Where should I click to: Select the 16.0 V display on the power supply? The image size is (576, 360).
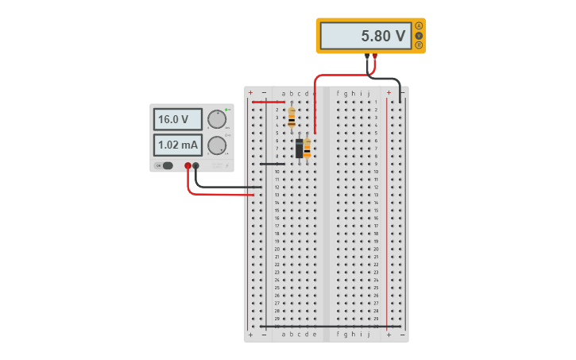[x=177, y=119]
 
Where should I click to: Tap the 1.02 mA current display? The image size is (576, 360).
[x=177, y=145]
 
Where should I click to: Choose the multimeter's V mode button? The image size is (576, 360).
[x=419, y=36]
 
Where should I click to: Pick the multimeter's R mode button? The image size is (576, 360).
[x=419, y=45]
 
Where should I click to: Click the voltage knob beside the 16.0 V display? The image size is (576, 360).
[x=216, y=119]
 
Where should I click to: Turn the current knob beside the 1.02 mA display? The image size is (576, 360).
[x=216, y=145]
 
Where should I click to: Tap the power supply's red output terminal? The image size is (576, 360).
[x=188, y=166]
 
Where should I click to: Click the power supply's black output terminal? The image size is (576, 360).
[x=196, y=166]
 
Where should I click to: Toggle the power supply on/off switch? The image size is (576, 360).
[x=165, y=165]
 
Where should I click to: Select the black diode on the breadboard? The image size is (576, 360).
[x=299, y=149]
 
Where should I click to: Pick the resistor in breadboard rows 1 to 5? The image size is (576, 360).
[x=292, y=118]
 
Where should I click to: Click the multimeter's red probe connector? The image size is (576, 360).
[x=374, y=56]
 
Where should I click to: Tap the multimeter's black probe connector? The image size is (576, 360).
[x=367, y=56]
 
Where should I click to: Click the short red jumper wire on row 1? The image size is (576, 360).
[x=268, y=103]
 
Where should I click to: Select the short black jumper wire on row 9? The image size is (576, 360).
[x=272, y=164]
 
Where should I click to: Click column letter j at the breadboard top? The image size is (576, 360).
[x=368, y=93]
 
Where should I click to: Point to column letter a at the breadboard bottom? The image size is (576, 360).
[x=284, y=335]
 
